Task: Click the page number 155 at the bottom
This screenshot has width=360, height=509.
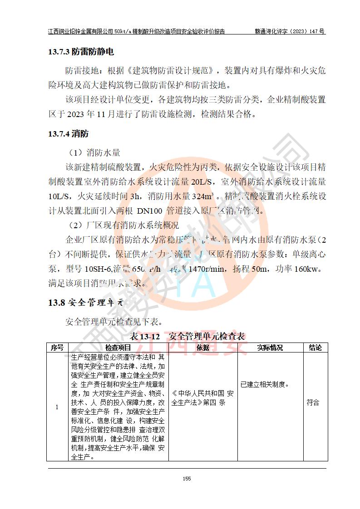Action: (186, 478)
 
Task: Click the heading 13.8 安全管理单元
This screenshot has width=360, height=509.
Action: (86, 303)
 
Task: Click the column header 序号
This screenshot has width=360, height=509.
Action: (57, 347)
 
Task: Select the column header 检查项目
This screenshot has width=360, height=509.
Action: (118, 347)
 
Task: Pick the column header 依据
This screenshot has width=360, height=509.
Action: (203, 347)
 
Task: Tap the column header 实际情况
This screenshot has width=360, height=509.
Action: (270, 347)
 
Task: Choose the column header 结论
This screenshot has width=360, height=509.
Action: (315, 347)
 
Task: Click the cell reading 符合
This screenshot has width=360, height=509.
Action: (313, 402)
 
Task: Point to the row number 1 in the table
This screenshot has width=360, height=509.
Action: (57, 407)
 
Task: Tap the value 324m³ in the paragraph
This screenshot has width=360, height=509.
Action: (203, 197)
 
